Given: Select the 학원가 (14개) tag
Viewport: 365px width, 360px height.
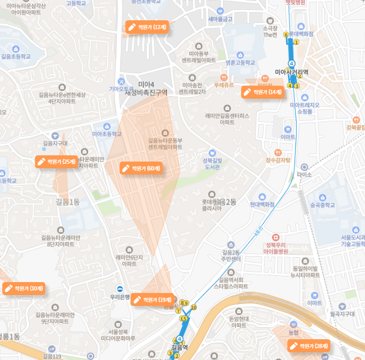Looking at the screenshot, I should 263,92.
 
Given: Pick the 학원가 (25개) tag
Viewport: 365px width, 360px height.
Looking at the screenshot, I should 57,162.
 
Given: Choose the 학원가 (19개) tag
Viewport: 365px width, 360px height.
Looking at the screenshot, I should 152,300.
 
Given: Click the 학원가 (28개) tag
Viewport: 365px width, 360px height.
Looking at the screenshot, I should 309,345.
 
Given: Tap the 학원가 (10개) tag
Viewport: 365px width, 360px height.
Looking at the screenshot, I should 24,288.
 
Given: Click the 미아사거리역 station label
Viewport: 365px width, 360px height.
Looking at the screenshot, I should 291,72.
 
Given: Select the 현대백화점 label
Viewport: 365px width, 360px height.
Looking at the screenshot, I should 261,204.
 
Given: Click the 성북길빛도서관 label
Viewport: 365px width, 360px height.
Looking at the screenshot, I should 212,164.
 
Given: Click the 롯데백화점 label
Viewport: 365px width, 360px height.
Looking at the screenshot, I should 301,34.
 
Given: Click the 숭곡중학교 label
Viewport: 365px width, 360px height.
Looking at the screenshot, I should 323,205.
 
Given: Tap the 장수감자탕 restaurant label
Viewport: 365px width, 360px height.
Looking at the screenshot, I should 278,159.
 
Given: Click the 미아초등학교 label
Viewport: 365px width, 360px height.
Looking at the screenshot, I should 106,134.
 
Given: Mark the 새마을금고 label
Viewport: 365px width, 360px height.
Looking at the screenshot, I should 220,19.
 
